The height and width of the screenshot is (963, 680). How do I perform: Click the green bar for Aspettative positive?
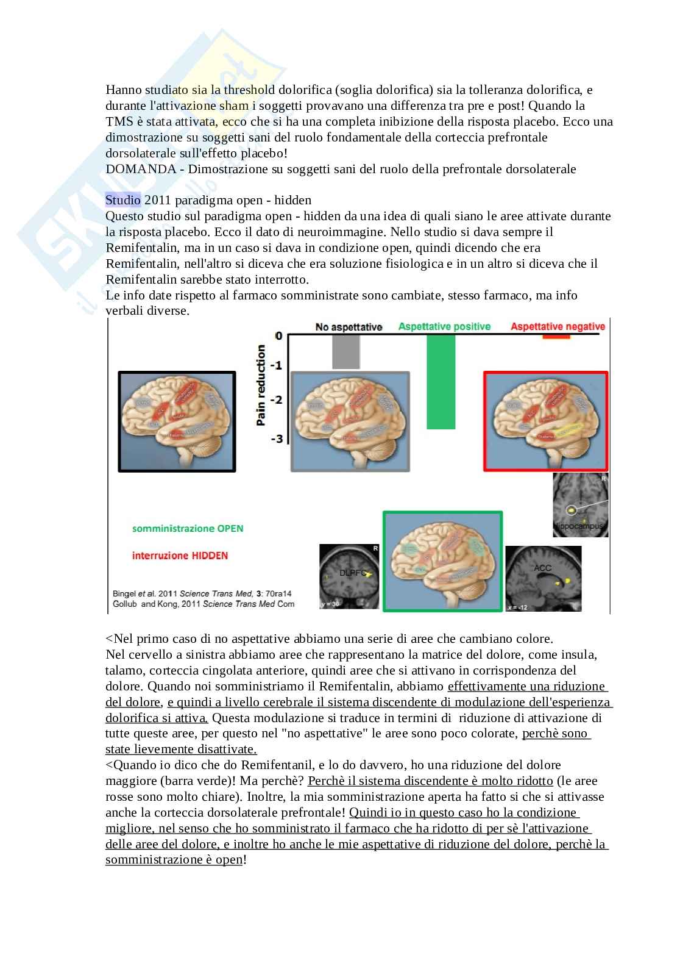click(441, 382)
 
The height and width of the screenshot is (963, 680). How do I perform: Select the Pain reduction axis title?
click(261, 385)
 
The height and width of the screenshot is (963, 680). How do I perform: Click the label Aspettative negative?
click(558, 326)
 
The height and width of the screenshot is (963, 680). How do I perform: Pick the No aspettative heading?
click(349, 327)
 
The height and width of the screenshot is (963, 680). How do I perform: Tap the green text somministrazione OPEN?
click(188, 528)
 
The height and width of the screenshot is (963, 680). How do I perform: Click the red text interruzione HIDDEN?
click(180, 556)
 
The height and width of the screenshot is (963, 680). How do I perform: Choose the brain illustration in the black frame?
click(177, 421)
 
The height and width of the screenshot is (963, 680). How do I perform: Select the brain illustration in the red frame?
click(546, 421)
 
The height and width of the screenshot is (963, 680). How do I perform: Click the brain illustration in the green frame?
click(442, 561)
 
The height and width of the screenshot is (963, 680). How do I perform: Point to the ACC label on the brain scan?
click(542, 568)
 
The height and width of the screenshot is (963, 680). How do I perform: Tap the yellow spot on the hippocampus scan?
click(572, 510)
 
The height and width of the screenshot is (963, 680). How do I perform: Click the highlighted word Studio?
click(123, 200)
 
